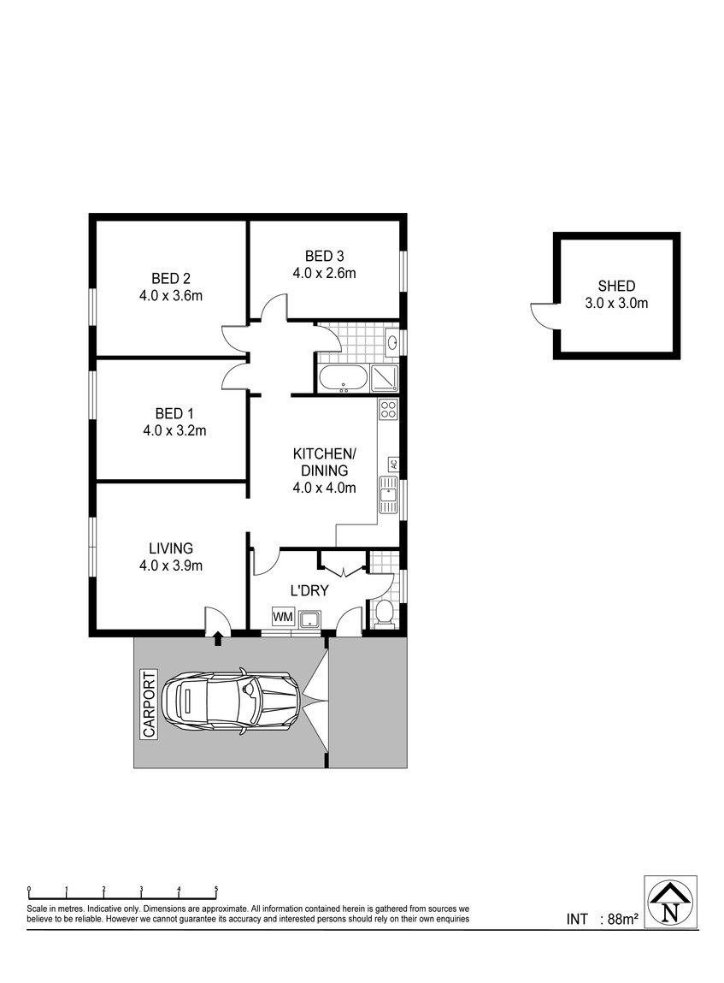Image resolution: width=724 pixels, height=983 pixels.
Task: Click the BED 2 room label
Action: [x=170, y=278]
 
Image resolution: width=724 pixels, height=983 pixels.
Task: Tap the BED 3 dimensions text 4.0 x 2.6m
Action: [x=324, y=273]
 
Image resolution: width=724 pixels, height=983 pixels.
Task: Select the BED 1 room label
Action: [x=174, y=414]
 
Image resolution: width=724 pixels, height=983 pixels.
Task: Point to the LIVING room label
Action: [x=170, y=548]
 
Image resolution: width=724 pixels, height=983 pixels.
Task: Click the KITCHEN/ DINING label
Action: [x=324, y=461]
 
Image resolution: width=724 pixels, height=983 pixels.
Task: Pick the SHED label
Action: [x=616, y=287]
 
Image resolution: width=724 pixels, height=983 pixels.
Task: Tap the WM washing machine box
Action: [x=282, y=617]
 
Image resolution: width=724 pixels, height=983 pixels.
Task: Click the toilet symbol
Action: [x=383, y=613]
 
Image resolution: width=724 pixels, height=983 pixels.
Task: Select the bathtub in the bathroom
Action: [x=344, y=379]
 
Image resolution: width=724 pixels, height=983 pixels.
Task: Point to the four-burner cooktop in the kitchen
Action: [x=388, y=410]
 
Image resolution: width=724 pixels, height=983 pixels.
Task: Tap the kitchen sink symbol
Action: [x=388, y=495]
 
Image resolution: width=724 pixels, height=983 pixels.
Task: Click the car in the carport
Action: [x=232, y=702]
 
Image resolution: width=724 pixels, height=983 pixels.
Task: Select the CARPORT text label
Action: [x=149, y=704]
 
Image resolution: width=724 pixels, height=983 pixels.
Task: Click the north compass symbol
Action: [x=671, y=902]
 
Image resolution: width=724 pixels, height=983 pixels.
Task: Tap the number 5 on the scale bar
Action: [x=216, y=888]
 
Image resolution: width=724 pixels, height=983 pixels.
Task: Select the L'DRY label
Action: [x=309, y=590]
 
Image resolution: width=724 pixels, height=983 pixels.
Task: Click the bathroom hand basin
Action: [x=392, y=342]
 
